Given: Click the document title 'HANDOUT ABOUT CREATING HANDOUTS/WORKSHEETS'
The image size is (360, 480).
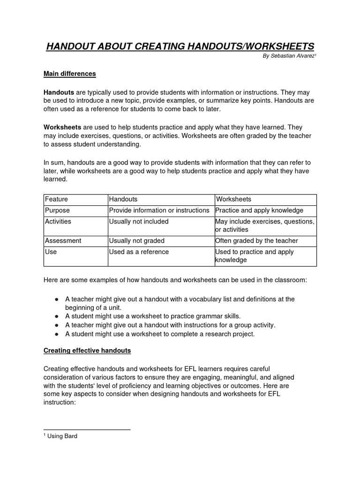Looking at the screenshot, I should [180, 46].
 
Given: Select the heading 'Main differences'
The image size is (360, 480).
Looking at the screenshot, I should [69, 74].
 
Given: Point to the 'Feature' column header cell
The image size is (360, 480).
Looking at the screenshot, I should [57, 199].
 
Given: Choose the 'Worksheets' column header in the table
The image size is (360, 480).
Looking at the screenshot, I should [233, 199].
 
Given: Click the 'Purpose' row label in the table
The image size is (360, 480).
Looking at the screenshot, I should [58, 210].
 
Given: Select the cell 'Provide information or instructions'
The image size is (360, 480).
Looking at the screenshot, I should [158, 210].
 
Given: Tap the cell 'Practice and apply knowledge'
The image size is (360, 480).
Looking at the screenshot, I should [259, 210].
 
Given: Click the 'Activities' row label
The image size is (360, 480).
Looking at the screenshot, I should [58, 221].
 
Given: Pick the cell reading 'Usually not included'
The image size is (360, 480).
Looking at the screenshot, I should [138, 221].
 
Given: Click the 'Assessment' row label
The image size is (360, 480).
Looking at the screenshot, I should [63, 240].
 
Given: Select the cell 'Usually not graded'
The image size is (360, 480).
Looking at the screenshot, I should [136, 240].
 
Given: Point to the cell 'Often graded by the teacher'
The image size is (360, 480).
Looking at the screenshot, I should [256, 240].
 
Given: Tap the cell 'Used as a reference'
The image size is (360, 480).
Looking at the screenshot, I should [139, 252].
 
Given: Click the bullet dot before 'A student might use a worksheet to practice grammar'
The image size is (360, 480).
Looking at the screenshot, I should [56, 316].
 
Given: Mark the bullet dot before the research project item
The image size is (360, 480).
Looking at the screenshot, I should [56, 334].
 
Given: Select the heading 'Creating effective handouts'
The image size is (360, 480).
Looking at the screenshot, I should [87, 351].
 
